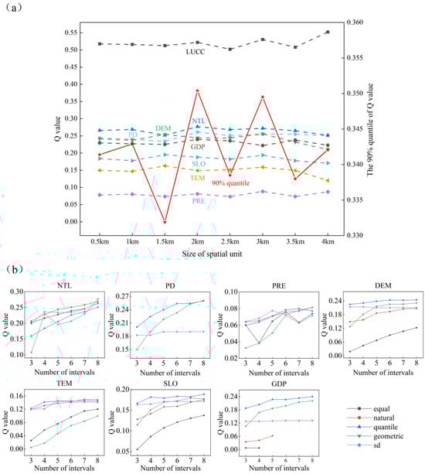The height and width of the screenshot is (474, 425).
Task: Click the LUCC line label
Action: tap(195, 52)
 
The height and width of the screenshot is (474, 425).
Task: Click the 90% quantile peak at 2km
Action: tap(198, 90)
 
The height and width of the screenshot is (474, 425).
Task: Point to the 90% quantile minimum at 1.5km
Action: tap(165, 222)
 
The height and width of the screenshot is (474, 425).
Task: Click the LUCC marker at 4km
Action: tap(328, 32)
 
